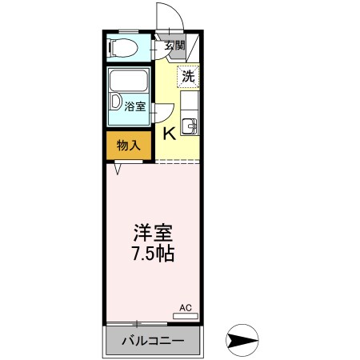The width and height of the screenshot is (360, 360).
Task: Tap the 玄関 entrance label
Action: tap(175, 46)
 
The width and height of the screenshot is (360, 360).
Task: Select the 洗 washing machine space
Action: tap(188, 77)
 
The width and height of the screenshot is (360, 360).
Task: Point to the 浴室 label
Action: tap(134, 105)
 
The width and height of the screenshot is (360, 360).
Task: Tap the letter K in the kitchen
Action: tap(170, 134)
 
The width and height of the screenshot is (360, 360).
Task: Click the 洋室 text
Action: tap(153, 234)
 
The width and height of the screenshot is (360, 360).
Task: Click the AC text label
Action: tap(186, 307)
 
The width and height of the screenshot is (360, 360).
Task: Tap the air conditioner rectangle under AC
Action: tap(186, 316)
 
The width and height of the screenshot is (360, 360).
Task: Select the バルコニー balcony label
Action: tap(153, 342)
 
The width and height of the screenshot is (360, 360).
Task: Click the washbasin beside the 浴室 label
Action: tap(118, 105)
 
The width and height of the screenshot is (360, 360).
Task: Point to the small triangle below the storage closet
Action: tap(118, 169)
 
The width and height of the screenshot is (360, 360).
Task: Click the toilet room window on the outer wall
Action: tap(106, 47)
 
